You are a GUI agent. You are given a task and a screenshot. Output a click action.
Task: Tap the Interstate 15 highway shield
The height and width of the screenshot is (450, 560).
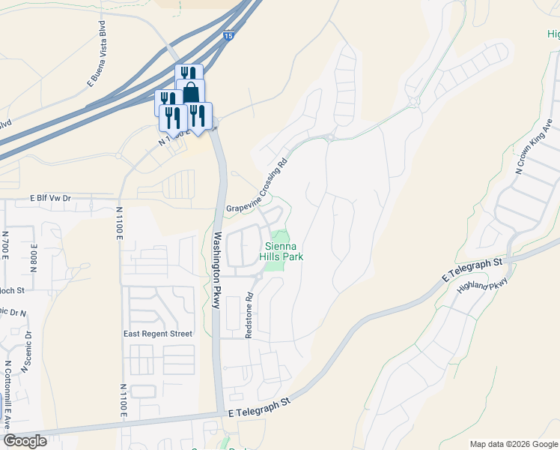228,35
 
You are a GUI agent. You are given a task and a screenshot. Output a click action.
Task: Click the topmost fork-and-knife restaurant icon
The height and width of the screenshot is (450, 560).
189,75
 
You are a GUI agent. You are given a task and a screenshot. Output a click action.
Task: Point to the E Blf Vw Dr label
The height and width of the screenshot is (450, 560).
50,199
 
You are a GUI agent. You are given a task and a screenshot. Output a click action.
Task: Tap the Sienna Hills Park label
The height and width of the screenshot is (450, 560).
281,250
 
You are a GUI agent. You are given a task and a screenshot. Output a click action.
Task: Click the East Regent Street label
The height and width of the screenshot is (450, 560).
158,334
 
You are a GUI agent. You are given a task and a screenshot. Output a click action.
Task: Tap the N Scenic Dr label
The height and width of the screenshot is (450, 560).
28,352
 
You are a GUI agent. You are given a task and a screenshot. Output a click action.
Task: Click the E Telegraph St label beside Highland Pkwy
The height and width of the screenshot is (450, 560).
472,271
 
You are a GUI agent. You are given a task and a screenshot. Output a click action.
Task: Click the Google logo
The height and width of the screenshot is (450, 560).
25,440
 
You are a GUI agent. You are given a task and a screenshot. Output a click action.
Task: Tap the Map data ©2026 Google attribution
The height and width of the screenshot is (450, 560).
513,444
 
